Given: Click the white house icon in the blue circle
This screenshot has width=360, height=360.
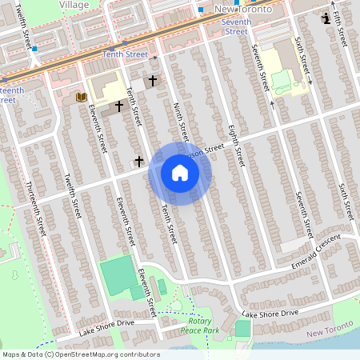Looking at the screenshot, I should tap(179, 173).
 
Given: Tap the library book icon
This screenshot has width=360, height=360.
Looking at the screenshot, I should tap(81, 97).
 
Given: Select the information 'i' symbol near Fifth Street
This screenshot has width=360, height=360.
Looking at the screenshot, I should tap(326, 18).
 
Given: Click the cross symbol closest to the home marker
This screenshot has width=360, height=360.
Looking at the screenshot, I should tap(139, 161).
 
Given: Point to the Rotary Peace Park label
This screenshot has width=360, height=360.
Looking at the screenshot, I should tap(199, 325).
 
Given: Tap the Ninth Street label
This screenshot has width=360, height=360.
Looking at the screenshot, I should tap(180, 121).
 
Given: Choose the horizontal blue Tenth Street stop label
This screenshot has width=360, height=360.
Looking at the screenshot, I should tap(125, 54).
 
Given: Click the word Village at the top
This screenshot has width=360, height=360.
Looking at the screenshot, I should tap(74, 4).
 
